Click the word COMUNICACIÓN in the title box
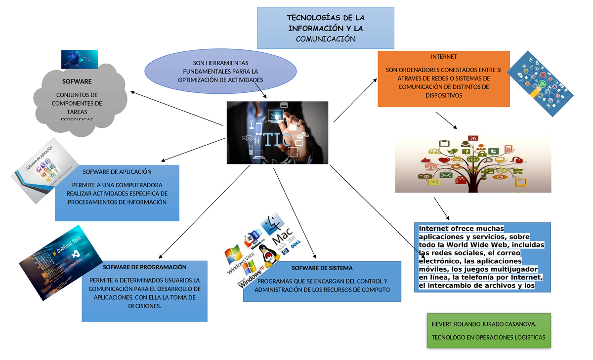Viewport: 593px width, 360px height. point(325,39)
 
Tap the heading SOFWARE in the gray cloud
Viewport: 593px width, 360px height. point(77,81)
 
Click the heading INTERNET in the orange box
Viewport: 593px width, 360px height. point(443,57)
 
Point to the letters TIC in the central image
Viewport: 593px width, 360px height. point(276,140)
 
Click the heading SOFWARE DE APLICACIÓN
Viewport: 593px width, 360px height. point(117,172)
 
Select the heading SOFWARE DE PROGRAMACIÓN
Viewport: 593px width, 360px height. point(145,267)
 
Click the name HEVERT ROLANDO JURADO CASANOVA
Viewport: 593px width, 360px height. point(484,324)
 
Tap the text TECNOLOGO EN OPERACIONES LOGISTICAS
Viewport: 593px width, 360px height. point(488,337)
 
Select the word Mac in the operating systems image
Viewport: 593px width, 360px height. point(285,238)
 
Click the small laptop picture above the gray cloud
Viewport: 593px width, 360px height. point(79,59)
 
